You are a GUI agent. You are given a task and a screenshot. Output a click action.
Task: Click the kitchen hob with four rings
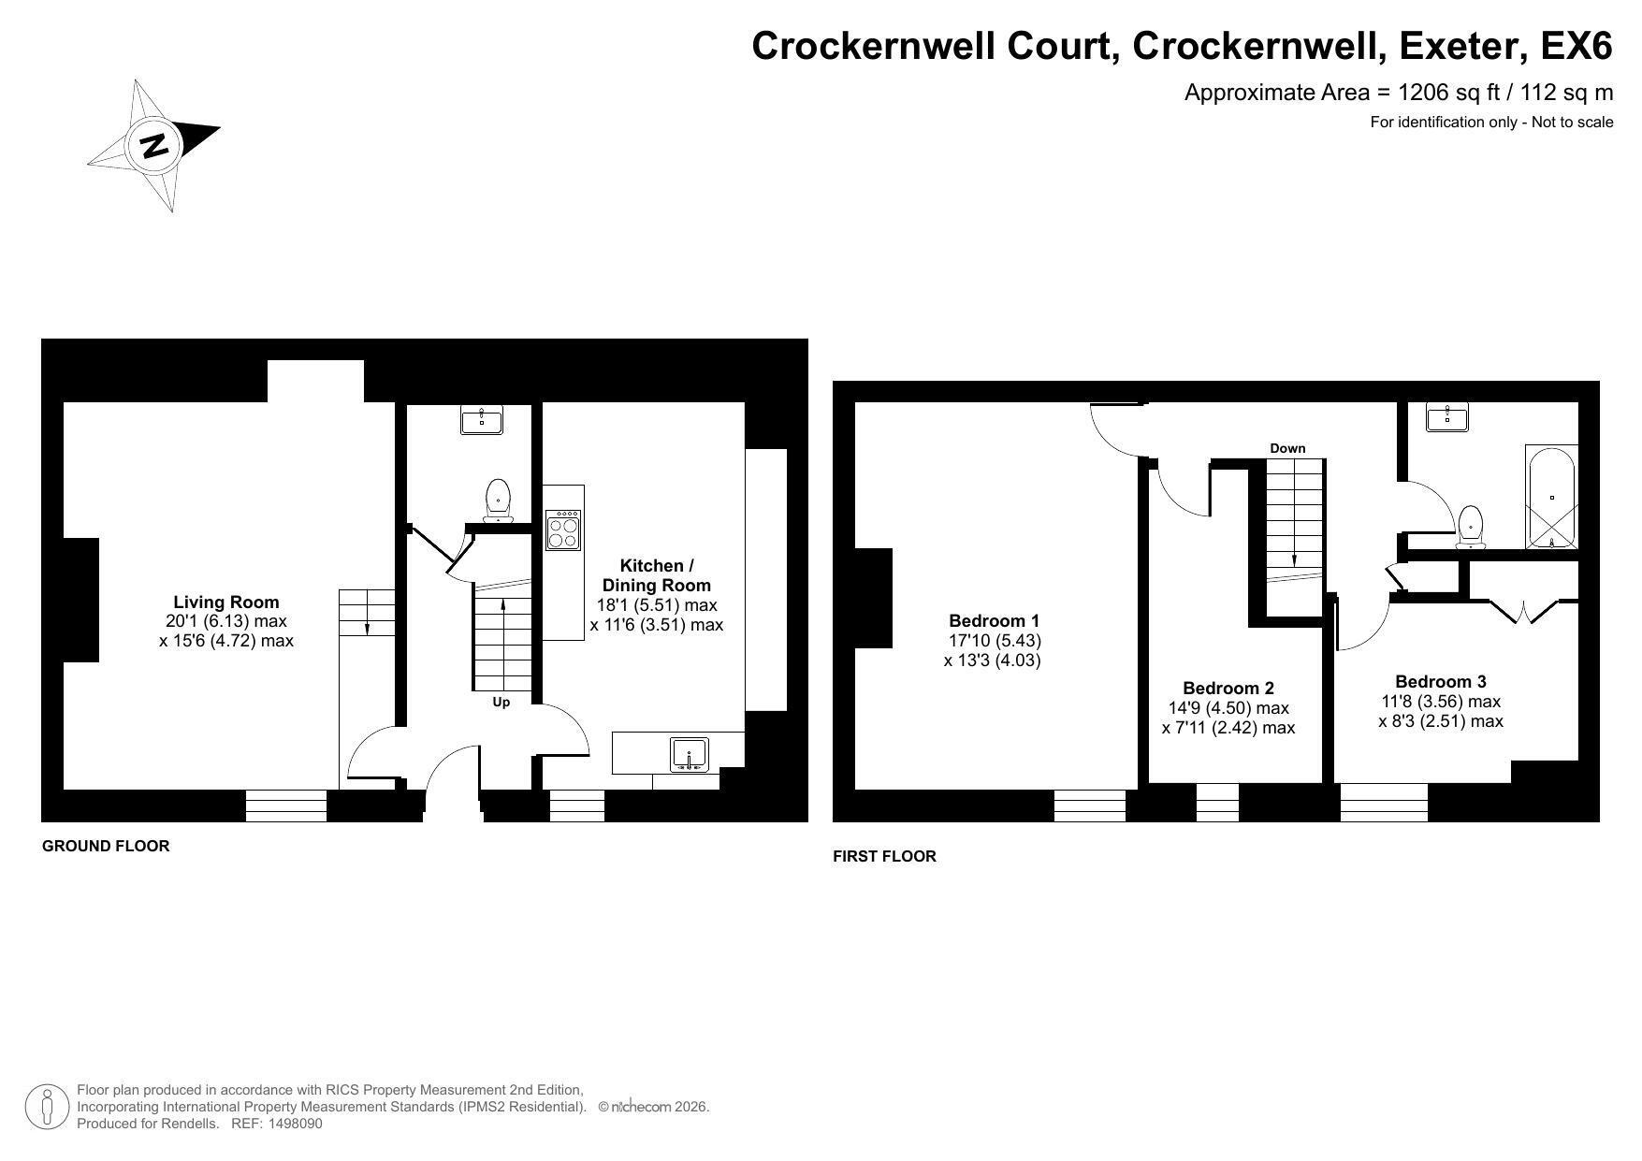[x=563, y=530]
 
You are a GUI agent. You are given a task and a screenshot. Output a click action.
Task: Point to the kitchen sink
[x=690, y=755]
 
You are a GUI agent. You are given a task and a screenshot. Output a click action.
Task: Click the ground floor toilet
[x=498, y=500]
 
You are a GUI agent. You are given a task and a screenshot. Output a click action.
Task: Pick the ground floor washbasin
[x=482, y=419]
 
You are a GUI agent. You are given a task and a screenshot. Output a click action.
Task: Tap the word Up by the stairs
[x=501, y=702]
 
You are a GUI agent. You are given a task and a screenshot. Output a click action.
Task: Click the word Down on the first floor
[x=1287, y=448]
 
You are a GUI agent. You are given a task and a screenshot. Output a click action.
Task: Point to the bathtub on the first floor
[x=1551, y=497]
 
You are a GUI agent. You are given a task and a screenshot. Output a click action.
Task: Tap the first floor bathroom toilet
[x=1472, y=527]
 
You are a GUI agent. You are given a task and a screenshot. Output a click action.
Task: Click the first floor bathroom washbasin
[x=1447, y=416]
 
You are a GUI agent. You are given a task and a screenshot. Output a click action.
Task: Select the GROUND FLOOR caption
[x=106, y=846]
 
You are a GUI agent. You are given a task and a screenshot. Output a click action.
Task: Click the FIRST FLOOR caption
[x=884, y=856]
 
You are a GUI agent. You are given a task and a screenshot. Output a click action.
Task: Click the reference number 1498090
[x=295, y=1124]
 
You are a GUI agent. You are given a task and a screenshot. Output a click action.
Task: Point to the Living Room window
[x=286, y=805]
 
